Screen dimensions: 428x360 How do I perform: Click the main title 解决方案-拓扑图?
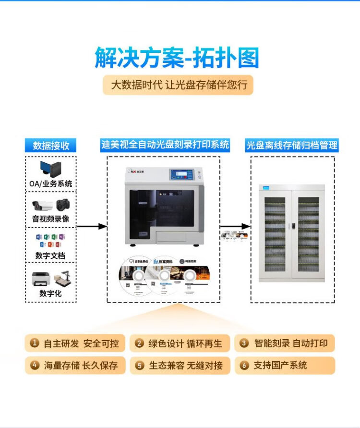click(177, 58)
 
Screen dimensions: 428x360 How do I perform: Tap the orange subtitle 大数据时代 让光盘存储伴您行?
click(179, 86)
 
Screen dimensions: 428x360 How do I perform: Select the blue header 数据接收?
click(51, 146)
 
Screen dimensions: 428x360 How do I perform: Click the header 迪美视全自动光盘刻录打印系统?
click(165, 145)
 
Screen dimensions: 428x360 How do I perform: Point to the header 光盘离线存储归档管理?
click(292, 145)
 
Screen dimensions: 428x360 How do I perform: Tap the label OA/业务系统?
click(50, 183)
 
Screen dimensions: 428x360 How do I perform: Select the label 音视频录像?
click(50, 219)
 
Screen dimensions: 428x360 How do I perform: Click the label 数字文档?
click(50, 256)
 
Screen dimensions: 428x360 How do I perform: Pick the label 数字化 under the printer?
click(50, 293)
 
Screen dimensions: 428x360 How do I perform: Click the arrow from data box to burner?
click(92, 226)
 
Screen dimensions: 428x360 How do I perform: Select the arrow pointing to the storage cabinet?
click(236, 226)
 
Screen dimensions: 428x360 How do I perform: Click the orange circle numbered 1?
click(35, 343)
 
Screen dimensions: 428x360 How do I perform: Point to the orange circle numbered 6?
click(244, 366)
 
